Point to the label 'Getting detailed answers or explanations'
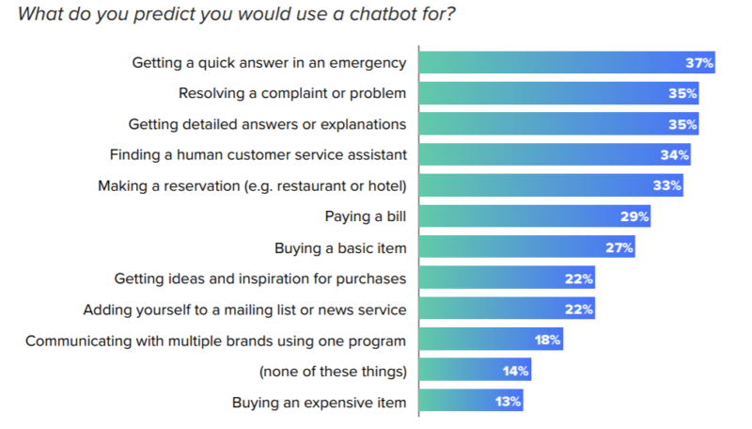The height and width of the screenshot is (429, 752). [268, 124]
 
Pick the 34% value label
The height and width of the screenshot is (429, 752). [675, 155]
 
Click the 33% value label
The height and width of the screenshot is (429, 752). [666, 186]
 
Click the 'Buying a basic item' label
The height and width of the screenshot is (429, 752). [340, 248]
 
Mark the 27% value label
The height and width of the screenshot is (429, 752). [619, 248]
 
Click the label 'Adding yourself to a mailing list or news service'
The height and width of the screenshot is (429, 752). [244, 310]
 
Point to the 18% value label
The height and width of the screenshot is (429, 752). [547, 341]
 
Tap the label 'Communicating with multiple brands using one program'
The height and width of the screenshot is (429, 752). [216, 341]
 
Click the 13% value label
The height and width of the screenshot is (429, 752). [508, 403]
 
